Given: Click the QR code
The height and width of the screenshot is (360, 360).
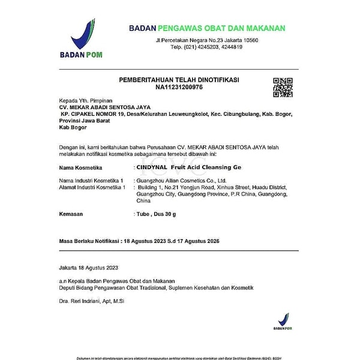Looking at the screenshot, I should [x=283, y=87].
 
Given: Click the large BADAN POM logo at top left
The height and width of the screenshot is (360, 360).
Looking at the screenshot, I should [x=82, y=38].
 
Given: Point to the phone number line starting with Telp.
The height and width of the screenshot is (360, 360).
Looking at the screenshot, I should [x=206, y=47].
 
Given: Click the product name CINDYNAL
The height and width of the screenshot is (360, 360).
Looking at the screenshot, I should [x=152, y=167].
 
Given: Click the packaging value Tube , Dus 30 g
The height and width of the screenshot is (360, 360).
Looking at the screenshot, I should [x=157, y=214].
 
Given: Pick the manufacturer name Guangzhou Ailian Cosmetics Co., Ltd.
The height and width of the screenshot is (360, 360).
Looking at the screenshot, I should [x=181, y=180].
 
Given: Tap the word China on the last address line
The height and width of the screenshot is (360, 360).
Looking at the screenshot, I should [x=143, y=201].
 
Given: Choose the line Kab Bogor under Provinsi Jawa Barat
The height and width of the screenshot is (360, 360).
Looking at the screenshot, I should [x=71, y=127].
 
